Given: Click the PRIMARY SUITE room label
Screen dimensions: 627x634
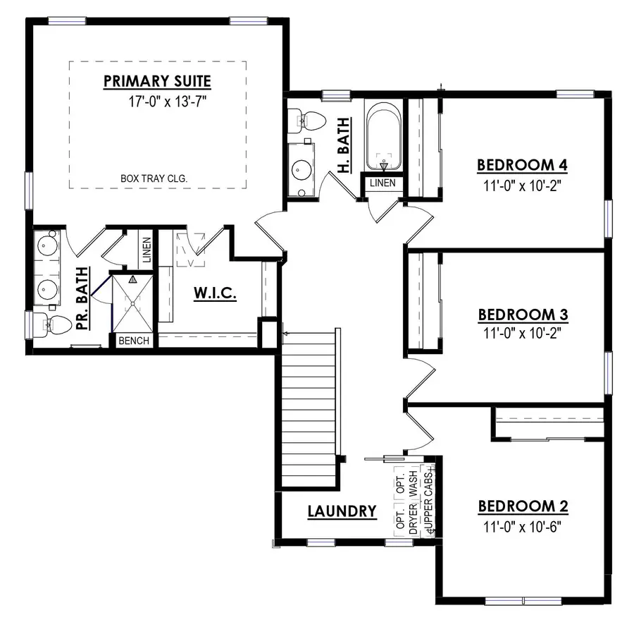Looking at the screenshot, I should click(x=157, y=80).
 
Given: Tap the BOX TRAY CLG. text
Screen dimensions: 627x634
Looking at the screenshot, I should click(x=153, y=179).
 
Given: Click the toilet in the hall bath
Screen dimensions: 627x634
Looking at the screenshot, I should click(x=309, y=119).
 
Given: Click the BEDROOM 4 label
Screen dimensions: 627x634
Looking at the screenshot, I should click(x=523, y=165).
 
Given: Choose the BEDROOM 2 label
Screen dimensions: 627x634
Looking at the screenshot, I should click(x=523, y=506).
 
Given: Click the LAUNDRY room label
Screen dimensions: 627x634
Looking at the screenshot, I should click(x=342, y=511).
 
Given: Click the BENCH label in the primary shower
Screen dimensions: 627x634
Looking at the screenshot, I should click(x=133, y=341).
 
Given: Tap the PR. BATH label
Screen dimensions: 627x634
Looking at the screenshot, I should click(x=82, y=299).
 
